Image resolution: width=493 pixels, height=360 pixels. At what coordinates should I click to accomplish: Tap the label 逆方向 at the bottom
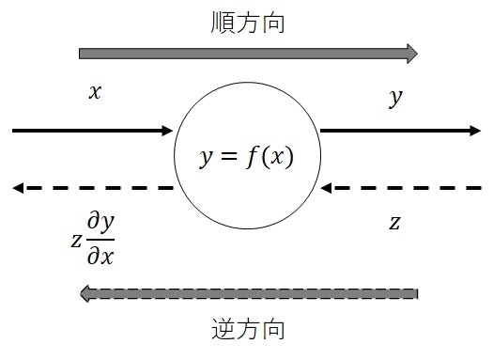(247, 331)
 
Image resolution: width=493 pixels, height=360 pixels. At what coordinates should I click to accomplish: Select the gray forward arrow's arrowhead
(410, 53)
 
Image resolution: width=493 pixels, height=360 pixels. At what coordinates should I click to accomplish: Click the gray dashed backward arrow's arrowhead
(85, 294)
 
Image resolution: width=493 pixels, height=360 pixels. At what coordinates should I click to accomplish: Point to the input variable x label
(94, 93)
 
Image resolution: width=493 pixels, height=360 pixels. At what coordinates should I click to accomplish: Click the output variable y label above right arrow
(395, 98)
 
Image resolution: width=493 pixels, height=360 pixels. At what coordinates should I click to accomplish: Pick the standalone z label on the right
(395, 223)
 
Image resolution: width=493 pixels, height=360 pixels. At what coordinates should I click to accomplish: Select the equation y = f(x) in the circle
(246, 156)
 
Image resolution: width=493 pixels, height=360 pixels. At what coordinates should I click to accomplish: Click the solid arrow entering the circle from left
(94, 131)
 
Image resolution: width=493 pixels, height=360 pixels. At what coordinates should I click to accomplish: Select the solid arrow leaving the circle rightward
(399, 131)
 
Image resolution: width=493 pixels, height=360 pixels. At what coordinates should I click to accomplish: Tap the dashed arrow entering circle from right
(399, 189)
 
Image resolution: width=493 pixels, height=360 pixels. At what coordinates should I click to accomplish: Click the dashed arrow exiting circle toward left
(94, 189)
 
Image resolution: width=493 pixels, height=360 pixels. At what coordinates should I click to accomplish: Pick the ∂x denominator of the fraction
(100, 255)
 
